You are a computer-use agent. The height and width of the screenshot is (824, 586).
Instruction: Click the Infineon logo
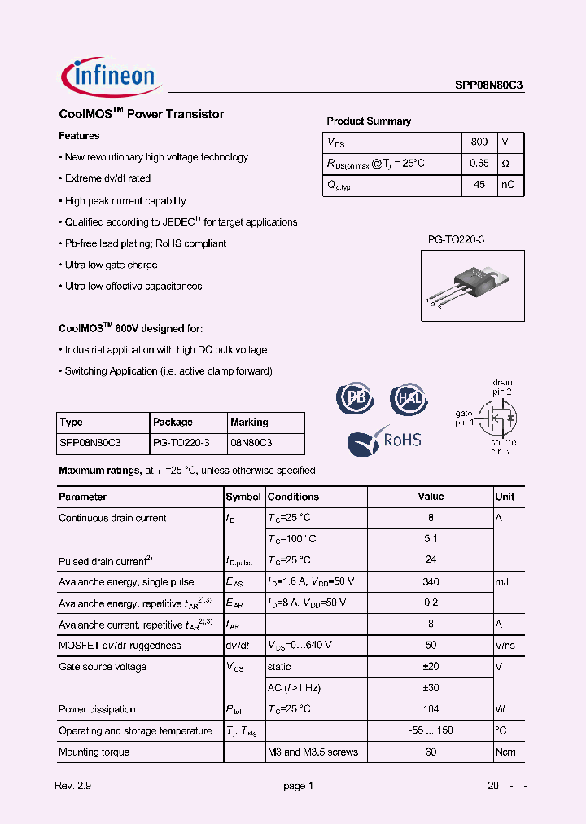pyautogui.click(x=112, y=77)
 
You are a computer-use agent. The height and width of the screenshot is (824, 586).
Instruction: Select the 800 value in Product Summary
pyautogui.click(x=479, y=142)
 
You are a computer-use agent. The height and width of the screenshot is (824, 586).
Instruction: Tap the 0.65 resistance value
pyautogui.click(x=479, y=163)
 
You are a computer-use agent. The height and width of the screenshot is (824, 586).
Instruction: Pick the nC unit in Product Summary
pyautogui.click(x=508, y=185)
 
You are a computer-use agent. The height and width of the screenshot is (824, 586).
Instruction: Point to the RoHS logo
pyautogui.click(x=385, y=440)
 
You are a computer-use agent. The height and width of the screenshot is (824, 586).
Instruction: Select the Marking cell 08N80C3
pyautogui.click(x=251, y=443)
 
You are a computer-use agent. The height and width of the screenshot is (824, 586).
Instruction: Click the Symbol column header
pyautogui.click(x=243, y=497)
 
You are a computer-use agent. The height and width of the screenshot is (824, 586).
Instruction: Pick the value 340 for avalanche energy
pyautogui.click(x=431, y=581)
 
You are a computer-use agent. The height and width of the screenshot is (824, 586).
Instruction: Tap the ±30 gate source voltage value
pyautogui.click(x=431, y=688)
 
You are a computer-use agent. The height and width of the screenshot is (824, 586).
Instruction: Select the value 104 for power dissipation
pyautogui.click(x=431, y=709)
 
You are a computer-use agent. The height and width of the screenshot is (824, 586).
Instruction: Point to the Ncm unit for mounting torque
pyautogui.click(x=505, y=752)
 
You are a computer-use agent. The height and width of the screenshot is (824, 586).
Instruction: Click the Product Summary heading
pyautogui.click(x=369, y=121)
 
